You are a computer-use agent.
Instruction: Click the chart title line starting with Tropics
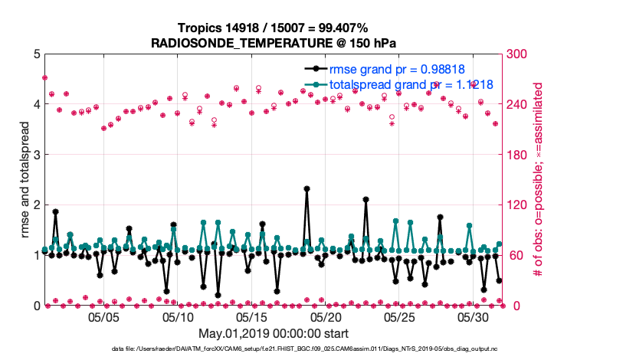(x=274, y=28)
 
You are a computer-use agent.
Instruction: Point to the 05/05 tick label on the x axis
(x=105, y=317)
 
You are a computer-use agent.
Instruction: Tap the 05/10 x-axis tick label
(x=179, y=317)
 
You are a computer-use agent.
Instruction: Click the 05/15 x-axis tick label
(x=252, y=317)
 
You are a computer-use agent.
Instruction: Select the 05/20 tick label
(x=326, y=317)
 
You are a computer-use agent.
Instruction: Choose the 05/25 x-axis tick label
(x=399, y=317)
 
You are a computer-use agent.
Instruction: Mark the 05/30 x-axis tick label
(x=473, y=317)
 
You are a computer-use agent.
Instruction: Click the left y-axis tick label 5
(x=36, y=54)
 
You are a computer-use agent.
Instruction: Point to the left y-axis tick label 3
(x=36, y=155)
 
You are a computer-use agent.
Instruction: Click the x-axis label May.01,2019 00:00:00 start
(x=274, y=334)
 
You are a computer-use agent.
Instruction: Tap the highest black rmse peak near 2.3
(x=307, y=188)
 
